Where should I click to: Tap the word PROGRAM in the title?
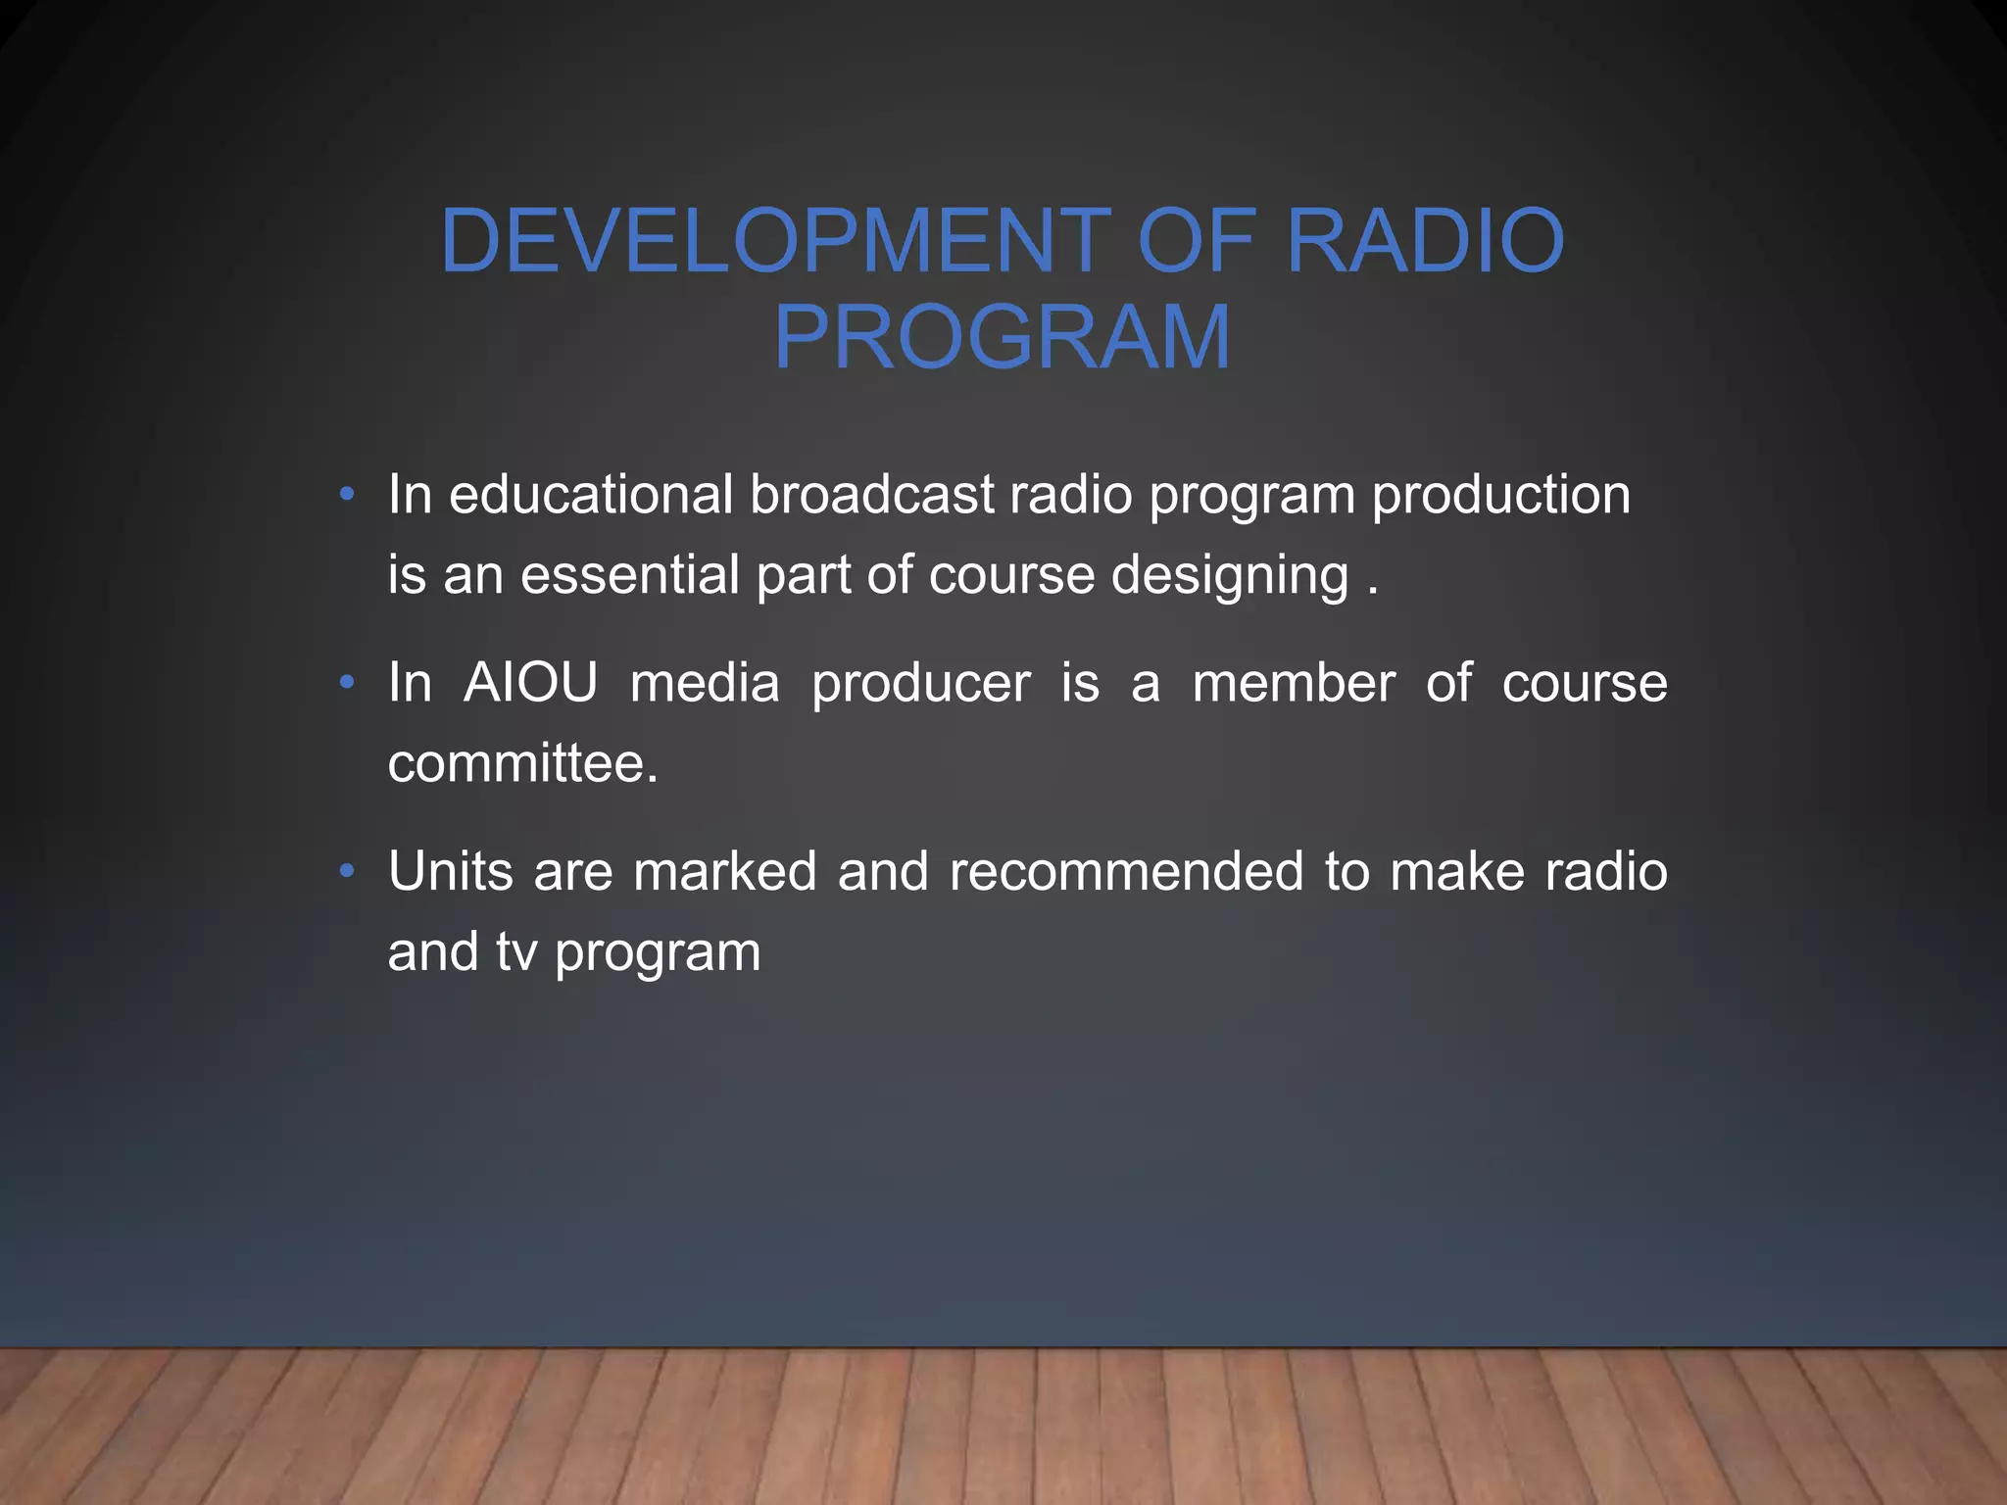tap(1002, 338)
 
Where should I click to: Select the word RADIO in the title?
tap(1425, 240)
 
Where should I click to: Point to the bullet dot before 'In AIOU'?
tap(347, 683)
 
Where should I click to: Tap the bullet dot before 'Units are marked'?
tap(347, 871)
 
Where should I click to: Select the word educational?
tap(591, 494)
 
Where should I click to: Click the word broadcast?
tap(872, 494)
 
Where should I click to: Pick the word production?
tap(1500, 496)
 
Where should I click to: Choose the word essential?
tap(629, 574)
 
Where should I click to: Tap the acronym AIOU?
tap(530, 683)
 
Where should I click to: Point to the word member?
tap(1294, 683)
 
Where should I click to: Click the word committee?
tap(522, 763)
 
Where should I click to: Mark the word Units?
tap(451, 871)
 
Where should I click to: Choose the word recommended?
tap(1126, 871)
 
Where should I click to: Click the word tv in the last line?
tap(516, 952)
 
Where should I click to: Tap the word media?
tap(705, 683)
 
